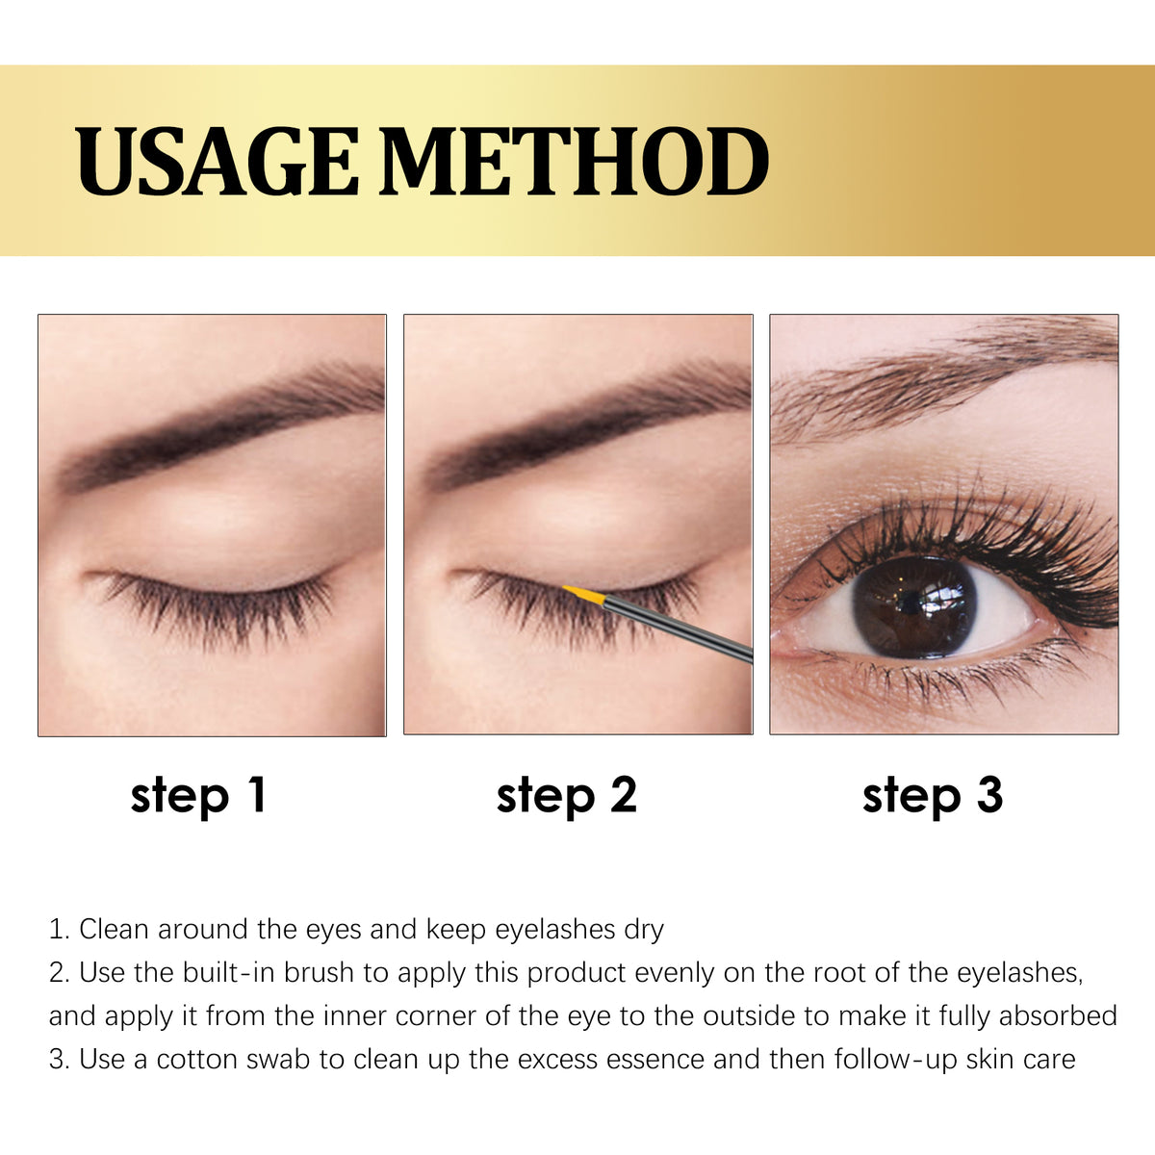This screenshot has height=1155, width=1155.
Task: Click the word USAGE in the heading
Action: (217, 162)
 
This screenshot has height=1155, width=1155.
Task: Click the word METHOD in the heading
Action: (575, 162)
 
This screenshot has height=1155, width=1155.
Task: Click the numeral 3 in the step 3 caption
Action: (990, 795)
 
